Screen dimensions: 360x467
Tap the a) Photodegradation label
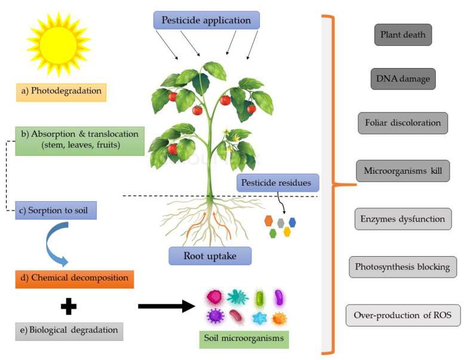click(60, 93)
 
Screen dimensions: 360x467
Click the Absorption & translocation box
click(80, 140)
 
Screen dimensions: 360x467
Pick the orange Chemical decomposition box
click(74, 279)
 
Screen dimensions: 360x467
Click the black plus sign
click(69, 306)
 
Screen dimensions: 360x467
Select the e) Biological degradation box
click(69, 330)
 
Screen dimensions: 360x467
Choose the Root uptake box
click(210, 256)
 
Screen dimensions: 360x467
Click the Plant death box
click(403, 35)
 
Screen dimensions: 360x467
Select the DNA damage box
click(403, 79)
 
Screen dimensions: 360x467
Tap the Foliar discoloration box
click(403, 123)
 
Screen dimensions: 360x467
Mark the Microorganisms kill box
click(403, 171)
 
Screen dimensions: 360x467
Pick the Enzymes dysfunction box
click(403, 219)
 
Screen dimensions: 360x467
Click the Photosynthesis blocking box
click(403, 266)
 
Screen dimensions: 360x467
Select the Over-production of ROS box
click(403, 315)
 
